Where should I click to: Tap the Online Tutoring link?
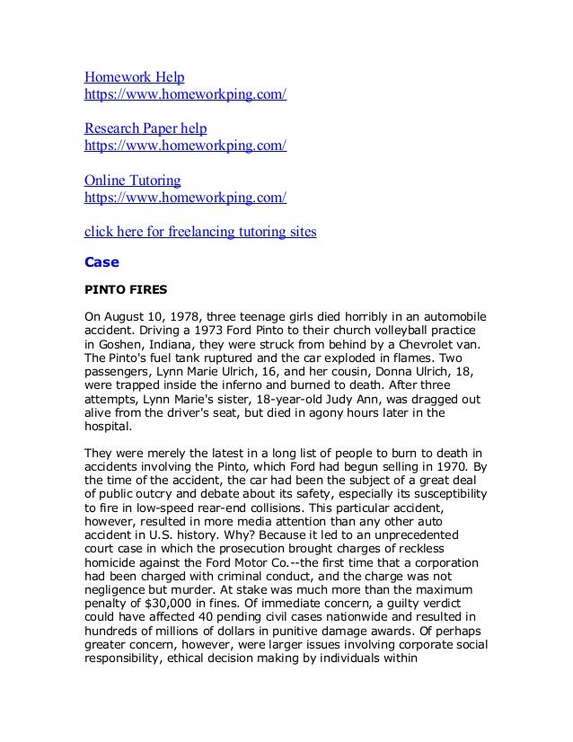(132, 180)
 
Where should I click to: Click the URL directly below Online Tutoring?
(185, 197)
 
